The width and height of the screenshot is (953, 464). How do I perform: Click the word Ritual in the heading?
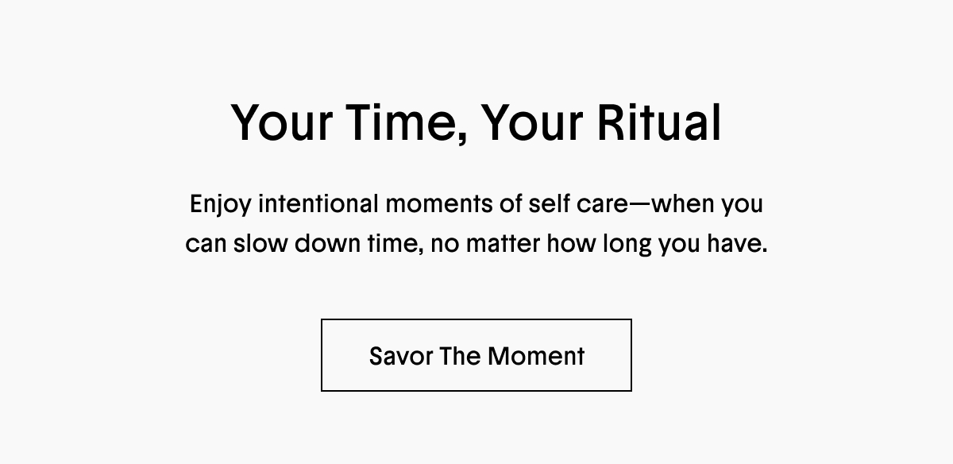(x=659, y=122)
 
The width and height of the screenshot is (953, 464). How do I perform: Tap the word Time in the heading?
(x=405, y=123)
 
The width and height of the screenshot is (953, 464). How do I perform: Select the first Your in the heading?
(x=281, y=122)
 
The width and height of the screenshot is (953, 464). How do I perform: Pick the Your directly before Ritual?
(x=532, y=122)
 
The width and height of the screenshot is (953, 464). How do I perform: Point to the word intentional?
(x=318, y=203)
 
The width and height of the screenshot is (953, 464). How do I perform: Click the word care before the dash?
(x=603, y=205)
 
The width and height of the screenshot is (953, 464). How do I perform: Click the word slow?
(x=260, y=243)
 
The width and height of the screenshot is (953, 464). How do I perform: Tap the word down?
(x=327, y=243)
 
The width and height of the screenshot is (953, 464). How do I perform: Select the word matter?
(x=503, y=243)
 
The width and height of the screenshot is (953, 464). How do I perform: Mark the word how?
(x=571, y=243)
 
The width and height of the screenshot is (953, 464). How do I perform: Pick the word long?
(x=627, y=245)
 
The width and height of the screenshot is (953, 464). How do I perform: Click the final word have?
(x=737, y=243)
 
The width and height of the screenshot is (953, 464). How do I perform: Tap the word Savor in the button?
(x=401, y=356)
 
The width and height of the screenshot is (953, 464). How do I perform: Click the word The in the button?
(x=461, y=356)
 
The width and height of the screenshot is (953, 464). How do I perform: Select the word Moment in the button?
(x=536, y=356)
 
